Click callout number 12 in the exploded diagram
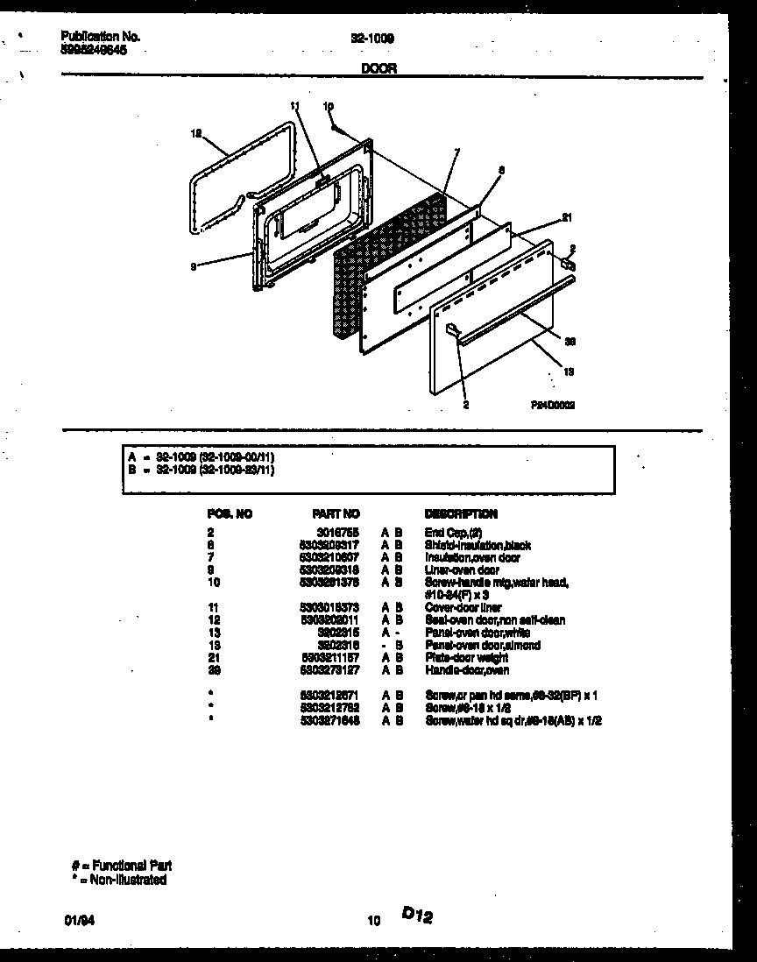click(196, 134)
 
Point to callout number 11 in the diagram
click(294, 106)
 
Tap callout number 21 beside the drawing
click(566, 218)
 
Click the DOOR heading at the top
click(378, 69)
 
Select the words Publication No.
click(101, 37)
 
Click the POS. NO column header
click(230, 514)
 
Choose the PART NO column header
click(336, 514)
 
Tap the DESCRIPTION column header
click(461, 514)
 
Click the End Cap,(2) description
click(454, 533)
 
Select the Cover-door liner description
click(463, 607)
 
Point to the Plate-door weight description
click(467, 658)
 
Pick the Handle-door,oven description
click(467, 670)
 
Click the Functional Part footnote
click(122, 867)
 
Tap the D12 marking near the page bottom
click(418, 915)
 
